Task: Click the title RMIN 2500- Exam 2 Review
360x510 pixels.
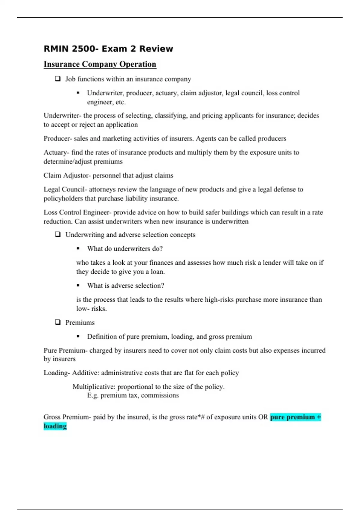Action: tap(108, 49)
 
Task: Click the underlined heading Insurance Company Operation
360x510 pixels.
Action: tap(100, 64)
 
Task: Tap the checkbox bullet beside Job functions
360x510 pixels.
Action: tap(58, 79)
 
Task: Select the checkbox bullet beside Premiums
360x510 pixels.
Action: tap(58, 322)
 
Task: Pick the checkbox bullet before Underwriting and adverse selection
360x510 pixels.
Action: tap(58, 234)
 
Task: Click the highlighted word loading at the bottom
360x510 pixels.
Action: tap(55, 426)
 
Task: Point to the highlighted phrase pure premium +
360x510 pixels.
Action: tap(295, 417)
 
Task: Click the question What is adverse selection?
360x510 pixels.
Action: tap(126, 286)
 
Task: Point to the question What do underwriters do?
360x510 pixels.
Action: tap(125, 249)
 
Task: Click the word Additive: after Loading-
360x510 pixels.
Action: tap(85, 373)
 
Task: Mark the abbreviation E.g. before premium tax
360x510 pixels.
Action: tap(93, 395)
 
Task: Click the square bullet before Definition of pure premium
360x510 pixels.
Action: tap(78, 336)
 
